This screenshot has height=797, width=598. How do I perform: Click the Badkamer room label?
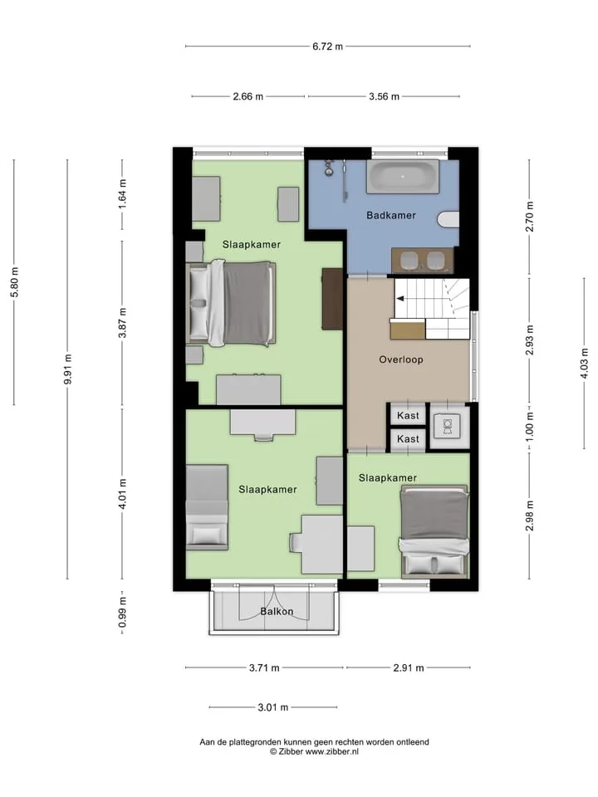tap(391, 215)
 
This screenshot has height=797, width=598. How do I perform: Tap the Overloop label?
tap(400, 359)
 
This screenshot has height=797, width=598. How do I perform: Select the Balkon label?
tap(277, 611)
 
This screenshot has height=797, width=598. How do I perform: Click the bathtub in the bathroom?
tap(403, 176)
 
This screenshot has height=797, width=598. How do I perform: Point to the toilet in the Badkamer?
tap(448, 219)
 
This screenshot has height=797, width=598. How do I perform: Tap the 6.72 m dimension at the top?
tap(327, 46)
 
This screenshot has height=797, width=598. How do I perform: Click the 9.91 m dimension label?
tap(67, 369)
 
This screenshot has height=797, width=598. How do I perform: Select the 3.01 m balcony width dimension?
tap(273, 707)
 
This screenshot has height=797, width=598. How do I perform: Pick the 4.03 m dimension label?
tap(584, 363)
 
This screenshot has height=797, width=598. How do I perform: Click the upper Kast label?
tap(408, 415)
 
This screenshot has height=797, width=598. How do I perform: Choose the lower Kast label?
tap(408, 438)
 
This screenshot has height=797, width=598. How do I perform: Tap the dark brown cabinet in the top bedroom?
tap(332, 299)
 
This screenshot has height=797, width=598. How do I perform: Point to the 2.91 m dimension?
tap(409, 667)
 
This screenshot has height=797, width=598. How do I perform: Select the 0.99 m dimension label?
tap(123, 613)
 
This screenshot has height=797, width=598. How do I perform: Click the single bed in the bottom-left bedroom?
tap(207, 507)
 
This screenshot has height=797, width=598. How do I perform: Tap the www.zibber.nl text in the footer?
tap(331, 751)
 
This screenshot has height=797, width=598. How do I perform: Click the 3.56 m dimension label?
tap(384, 96)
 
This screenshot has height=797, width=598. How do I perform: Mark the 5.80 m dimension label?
tap(14, 282)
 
